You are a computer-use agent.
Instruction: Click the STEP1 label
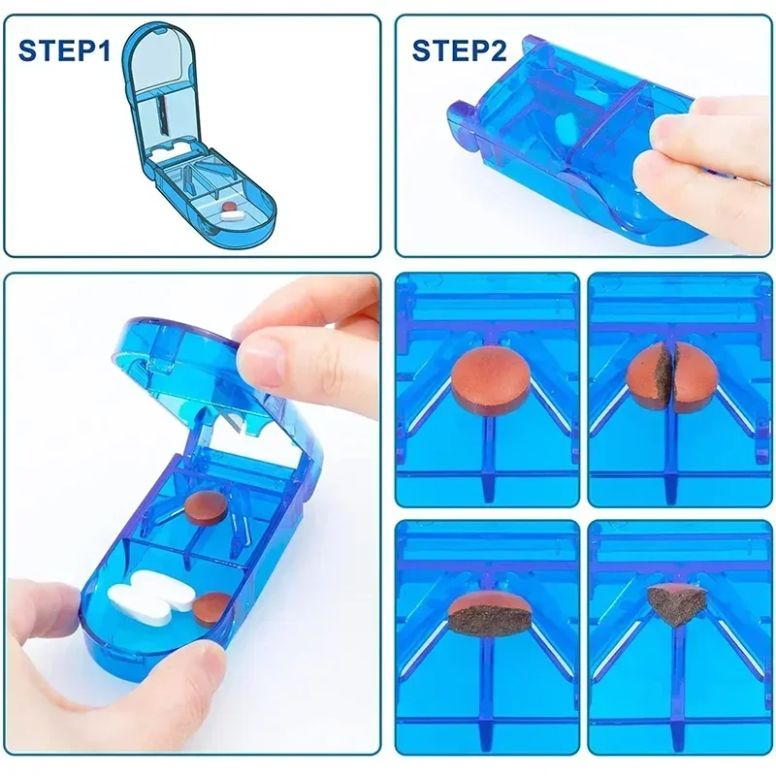(64, 50)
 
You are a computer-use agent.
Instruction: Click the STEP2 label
(459, 50)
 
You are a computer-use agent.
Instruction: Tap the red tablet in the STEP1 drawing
(229, 206)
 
